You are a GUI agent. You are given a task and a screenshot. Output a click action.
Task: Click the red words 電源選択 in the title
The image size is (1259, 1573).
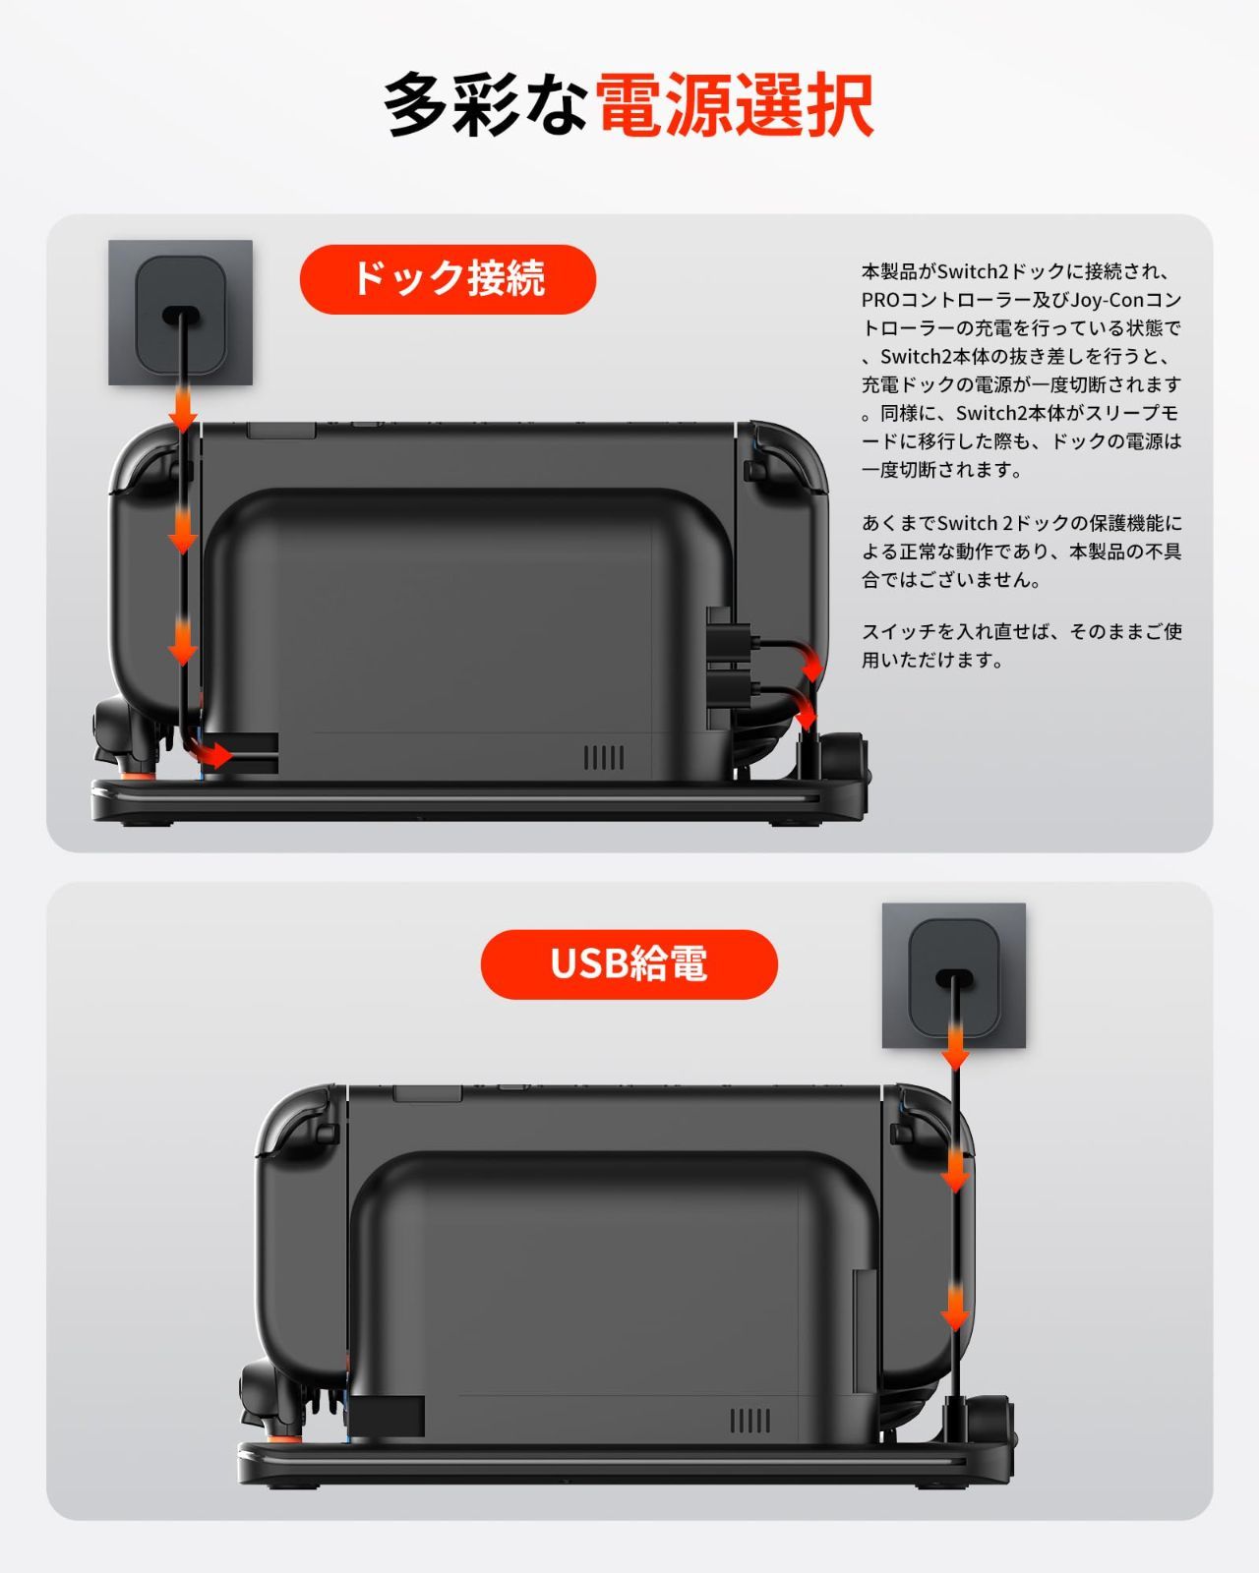coord(735,104)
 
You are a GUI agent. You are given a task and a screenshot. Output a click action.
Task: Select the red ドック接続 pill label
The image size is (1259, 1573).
coord(448,279)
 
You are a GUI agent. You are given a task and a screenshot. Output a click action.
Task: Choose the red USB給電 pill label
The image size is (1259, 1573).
coord(629,964)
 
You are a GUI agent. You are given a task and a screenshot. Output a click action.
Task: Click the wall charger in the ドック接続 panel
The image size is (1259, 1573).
coord(181,313)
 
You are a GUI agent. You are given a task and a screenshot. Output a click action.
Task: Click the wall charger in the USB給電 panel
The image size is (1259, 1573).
coord(954,976)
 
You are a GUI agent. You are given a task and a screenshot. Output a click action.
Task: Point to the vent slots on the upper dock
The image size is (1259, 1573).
coord(604,758)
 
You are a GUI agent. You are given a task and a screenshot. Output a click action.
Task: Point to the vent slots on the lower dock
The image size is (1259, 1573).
coord(749,1421)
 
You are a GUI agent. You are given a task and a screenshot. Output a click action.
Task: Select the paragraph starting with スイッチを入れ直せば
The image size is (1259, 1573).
coord(1021,646)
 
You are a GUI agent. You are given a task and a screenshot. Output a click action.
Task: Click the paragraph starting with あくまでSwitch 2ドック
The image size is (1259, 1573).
coord(1021,552)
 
